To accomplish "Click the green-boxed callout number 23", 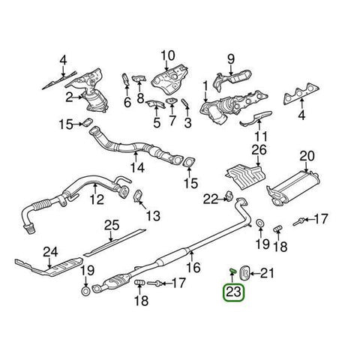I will tap(235, 293).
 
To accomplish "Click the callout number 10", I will tap(166, 55).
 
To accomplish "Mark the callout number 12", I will tap(96, 199).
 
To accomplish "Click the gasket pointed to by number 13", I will tap(139, 199).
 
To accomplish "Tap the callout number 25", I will tap(111, 225).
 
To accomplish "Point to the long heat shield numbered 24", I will tap(45, 265).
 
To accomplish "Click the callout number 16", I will tap(193, 266).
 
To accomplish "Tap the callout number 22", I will tap(210, 198).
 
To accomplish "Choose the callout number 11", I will tap(260, 136).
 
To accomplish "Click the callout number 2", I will tap(68, 97).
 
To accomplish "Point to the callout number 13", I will tap(152, 216).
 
